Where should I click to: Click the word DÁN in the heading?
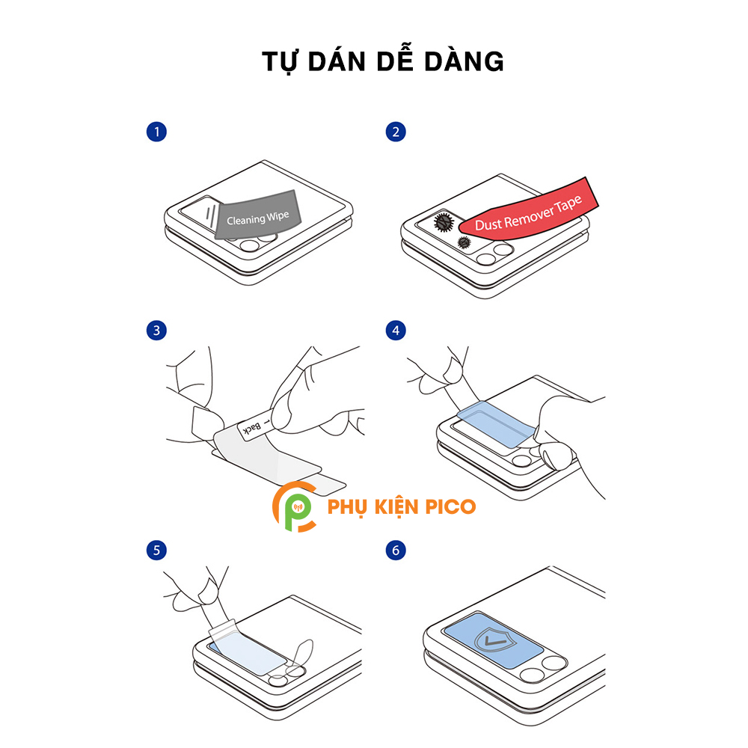[x=337, y=61]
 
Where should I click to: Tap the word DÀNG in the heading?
[x=464, y=61]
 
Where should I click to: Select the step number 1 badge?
[x=156, y=132]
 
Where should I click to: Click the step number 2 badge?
[x=396, y=132]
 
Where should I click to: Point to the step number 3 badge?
[x=156, y=330]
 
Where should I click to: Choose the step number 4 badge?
[x=396, y=330]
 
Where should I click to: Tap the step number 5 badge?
[x=156, y=550]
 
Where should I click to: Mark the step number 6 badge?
[x=396, y=550]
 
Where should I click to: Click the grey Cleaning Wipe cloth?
[x=257, y=215]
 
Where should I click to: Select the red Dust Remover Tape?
[x=529, y=210]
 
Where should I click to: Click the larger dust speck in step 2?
[x=443, y=222]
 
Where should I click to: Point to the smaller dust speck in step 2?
[x=464, y=242]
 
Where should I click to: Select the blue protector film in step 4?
[x=496, y=424]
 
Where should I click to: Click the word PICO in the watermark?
[x=450, y=506]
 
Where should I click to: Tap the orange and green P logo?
[x=294, y=506]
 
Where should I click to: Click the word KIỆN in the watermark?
[x=395, y=506]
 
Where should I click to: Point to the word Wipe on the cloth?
[x=278, y=217]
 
